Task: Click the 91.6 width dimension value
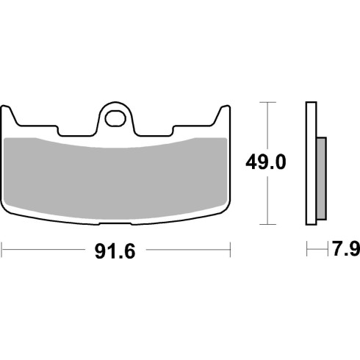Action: tap(115, 251)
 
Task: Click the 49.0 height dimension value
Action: tap(266, 162)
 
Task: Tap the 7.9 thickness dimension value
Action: tap(346, 248)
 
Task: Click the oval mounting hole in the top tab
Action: tap(115, 119)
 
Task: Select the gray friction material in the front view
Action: tap(115, 179)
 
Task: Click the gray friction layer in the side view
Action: tap(321, 179)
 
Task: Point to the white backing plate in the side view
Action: tap(311, 163)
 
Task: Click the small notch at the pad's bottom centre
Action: tap(115, 223)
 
